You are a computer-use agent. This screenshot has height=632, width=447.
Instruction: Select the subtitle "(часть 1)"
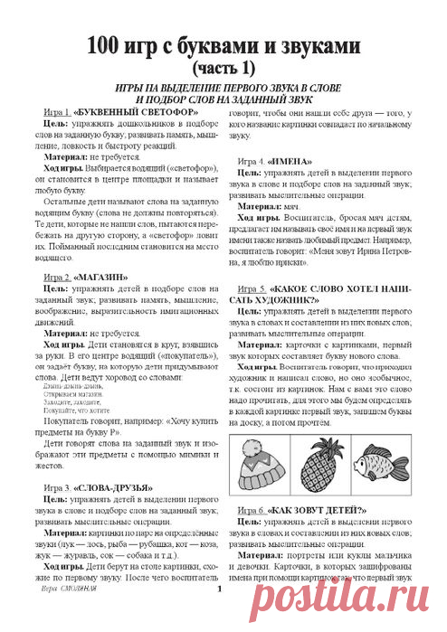(223, 67)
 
